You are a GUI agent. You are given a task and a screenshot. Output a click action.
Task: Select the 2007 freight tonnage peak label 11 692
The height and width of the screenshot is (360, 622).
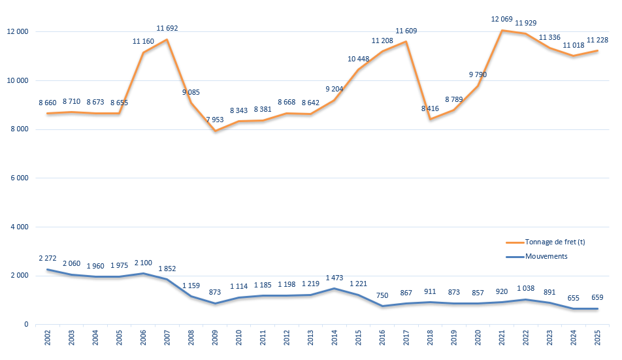coord(167,29)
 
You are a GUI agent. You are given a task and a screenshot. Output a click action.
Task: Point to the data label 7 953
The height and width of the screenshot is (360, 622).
coord(215,120)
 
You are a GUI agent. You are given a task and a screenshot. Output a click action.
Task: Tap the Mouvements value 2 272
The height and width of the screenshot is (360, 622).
coord(49,258)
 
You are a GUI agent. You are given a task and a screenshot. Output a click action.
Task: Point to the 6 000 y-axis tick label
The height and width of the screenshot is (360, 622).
coord(19,178)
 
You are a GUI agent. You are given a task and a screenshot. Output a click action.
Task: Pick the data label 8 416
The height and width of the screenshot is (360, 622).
coord(430,108)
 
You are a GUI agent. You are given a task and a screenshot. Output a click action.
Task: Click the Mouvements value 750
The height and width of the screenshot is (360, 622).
coord(382,295)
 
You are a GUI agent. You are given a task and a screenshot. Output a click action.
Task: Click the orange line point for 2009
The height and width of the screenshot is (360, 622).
coord(215,131)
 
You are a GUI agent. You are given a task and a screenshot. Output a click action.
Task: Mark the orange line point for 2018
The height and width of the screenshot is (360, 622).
coord(430,119)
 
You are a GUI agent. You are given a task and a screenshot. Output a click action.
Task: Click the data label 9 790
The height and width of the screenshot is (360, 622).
coord(478,74)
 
